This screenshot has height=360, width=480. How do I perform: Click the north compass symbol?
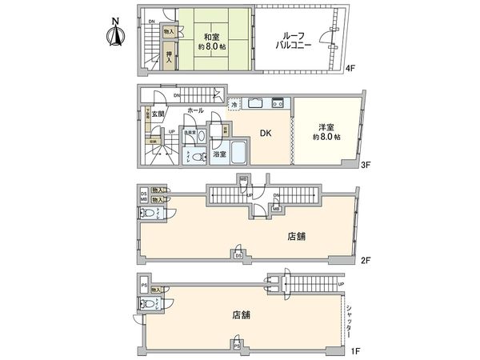114,33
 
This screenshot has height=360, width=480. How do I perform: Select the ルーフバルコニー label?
293,41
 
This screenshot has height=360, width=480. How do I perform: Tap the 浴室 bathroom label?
219,154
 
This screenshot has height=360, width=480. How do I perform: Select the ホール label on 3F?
194,109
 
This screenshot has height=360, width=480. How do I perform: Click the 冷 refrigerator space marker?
234,104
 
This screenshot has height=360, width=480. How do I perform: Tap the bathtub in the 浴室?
234,153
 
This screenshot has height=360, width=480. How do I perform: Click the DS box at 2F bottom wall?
238,254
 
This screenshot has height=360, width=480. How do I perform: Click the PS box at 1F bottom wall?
238,346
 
